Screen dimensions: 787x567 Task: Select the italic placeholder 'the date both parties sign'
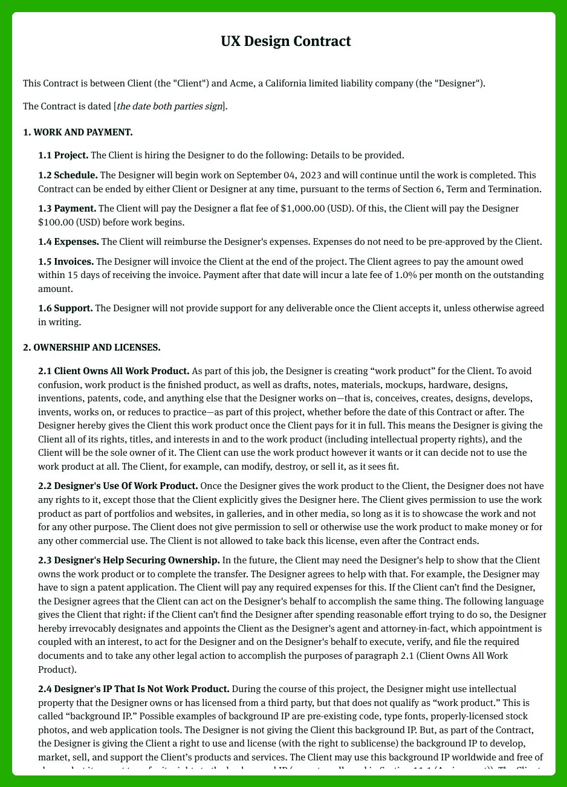[169, 107]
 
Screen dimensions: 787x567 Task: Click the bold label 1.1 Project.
[63, 155]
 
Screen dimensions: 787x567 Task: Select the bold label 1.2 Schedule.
[68, 175]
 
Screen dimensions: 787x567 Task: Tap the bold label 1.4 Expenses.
[68, 242]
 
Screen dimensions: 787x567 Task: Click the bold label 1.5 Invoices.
[66, 262]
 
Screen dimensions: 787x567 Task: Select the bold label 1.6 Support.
[65, 308]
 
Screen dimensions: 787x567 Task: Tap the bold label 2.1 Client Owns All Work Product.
[114, 371]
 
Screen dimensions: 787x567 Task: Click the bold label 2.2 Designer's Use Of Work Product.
[118, 486]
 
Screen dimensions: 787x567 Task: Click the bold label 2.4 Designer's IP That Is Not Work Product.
[134, 688]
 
